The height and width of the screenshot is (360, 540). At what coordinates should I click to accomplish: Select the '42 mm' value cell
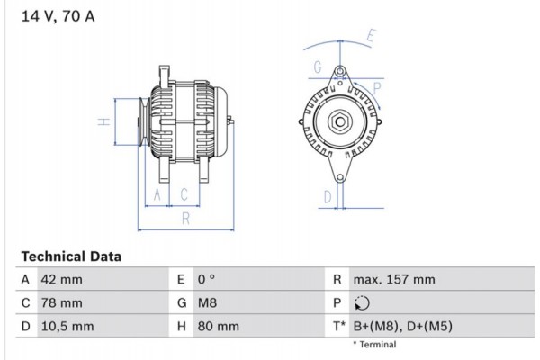pos(61,280)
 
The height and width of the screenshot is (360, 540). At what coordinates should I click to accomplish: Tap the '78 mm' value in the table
pos(61,303)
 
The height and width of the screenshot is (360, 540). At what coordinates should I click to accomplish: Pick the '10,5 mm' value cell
pos(67,327)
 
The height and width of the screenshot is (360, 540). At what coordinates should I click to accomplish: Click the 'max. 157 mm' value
pos(395,280)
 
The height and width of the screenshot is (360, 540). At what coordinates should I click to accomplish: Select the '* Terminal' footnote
pos(375,345)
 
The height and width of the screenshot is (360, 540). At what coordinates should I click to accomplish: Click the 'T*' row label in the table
pos(338,327)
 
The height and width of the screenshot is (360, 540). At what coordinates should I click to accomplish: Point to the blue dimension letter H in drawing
pos(104,122)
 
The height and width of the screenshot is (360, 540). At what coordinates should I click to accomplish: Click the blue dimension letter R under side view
pos(184,218)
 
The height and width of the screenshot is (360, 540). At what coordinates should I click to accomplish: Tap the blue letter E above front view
pos(372,38)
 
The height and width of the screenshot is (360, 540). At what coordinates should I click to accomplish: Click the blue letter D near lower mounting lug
pos(328,196)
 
